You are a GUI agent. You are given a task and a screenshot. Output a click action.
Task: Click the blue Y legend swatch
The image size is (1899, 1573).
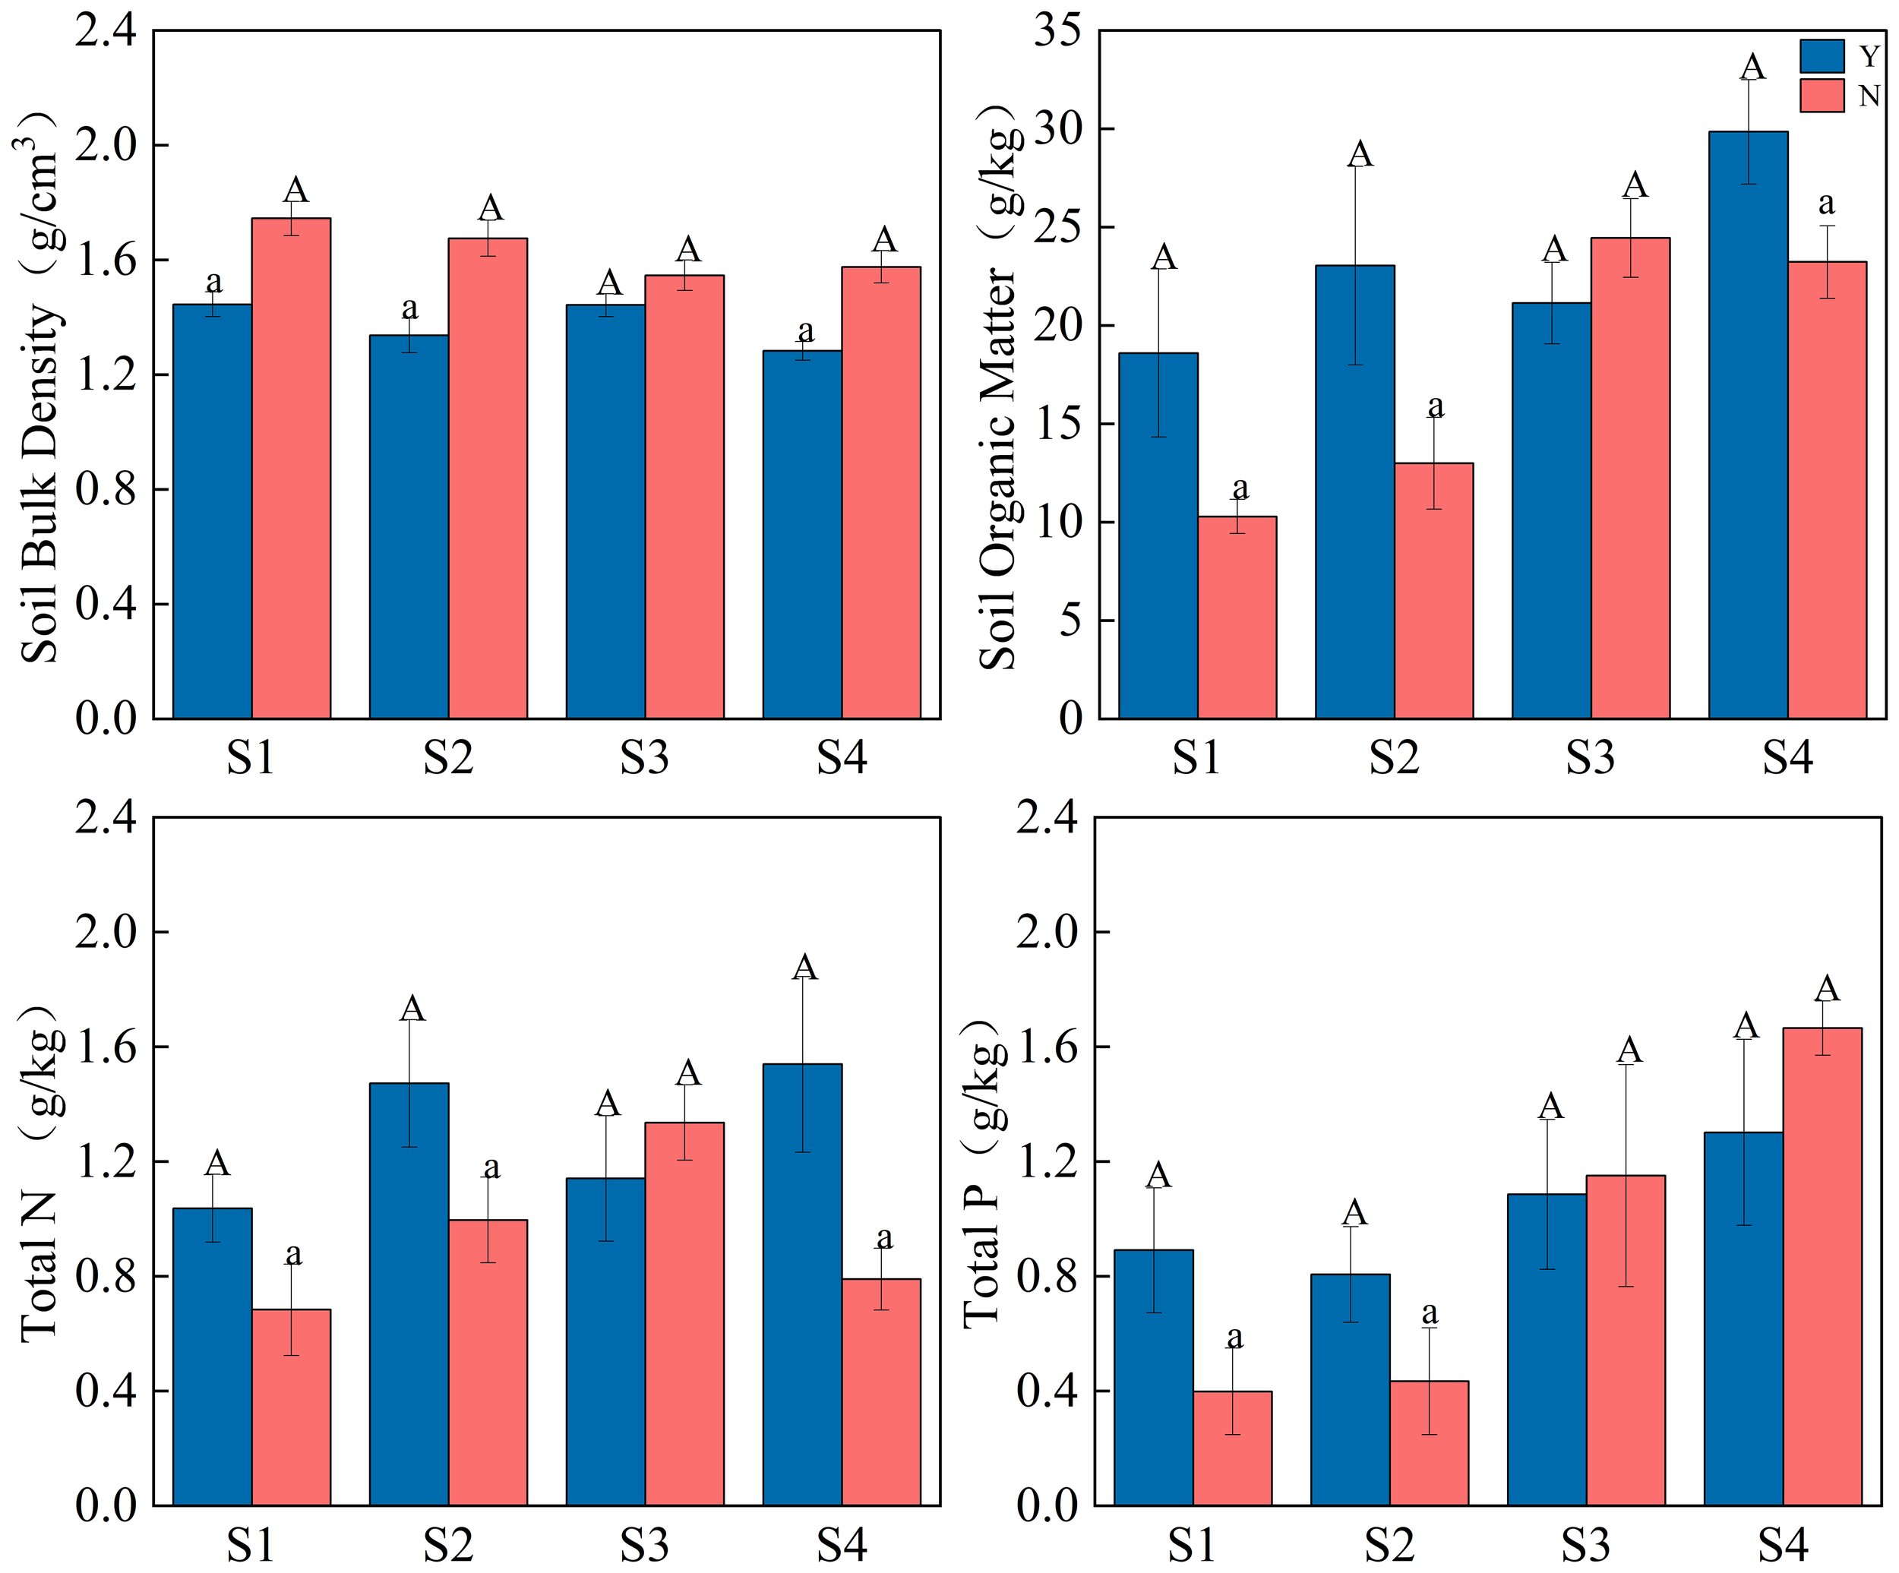(x=1822, y=56)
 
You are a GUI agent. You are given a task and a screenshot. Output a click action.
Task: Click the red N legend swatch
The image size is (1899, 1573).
(x=1822, y=96)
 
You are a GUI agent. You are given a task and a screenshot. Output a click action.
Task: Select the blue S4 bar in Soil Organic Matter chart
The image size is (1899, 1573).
(x=1747, y=425)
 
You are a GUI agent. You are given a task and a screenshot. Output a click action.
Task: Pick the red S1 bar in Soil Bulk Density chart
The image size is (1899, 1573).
(x=291, y=469)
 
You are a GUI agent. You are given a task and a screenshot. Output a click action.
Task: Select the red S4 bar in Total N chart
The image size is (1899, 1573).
(x=881, y=1392)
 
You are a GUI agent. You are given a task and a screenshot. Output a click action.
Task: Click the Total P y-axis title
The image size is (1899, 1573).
(x=984, y=1175)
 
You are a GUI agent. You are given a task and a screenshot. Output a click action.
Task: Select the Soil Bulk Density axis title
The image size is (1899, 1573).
(x=41, y=389)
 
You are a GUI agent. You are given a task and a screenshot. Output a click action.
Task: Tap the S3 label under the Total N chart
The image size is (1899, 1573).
(x=644, y=1546)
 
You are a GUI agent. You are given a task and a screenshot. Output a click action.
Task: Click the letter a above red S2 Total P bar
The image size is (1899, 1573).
(x=1429, y=1312)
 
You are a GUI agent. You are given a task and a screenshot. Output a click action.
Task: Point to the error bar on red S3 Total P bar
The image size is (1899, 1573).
(x=1626, y=1175)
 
